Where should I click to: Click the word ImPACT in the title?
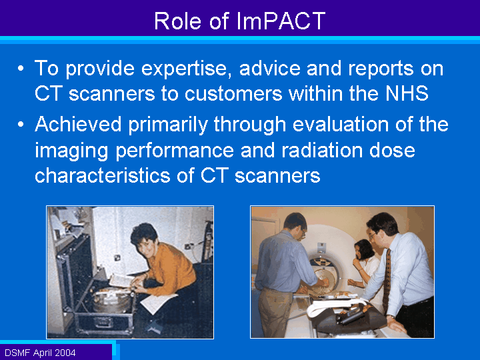click(x=281, y=21)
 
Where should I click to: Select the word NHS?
click(x=407, y=93)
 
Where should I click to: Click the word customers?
click(x=233, y=93)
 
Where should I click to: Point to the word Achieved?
click(x=78, y=124)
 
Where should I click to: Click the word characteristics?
click(x=102, y=175)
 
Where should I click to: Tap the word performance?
click(x=175, y=151)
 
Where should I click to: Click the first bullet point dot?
click(x=21, y=68)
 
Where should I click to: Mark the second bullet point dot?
click(x=21, y=124)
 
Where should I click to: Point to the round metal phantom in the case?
click(x=113, y=300)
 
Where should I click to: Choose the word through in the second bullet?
click(x=250, y=125)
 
